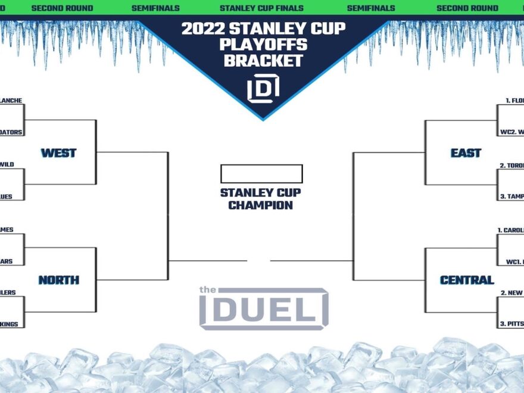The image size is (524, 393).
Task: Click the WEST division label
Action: (x=58, y=153)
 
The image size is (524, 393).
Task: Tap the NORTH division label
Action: (x=58, y=280)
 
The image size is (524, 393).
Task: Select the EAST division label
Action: (x=466, y=153)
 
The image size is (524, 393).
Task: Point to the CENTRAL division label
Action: (x=467, y=280)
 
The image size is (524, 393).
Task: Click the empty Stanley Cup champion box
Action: (x=261, y=174)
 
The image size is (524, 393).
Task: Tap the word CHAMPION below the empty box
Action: (x=261, y=205)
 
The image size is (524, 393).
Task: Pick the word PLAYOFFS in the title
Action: (x=262, y=45)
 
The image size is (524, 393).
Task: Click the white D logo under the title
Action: (x=263, y=89)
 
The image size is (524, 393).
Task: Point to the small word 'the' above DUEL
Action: (x=206, y=290)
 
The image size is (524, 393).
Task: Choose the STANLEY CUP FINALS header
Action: (x=261, y=8)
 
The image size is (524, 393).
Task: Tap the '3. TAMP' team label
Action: (x=511, y=196)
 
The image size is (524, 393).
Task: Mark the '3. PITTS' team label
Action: (x=510, y=324)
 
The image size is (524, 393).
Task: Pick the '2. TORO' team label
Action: (x=511, y=165)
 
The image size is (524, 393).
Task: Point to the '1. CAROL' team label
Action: (x=510, y=229)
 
